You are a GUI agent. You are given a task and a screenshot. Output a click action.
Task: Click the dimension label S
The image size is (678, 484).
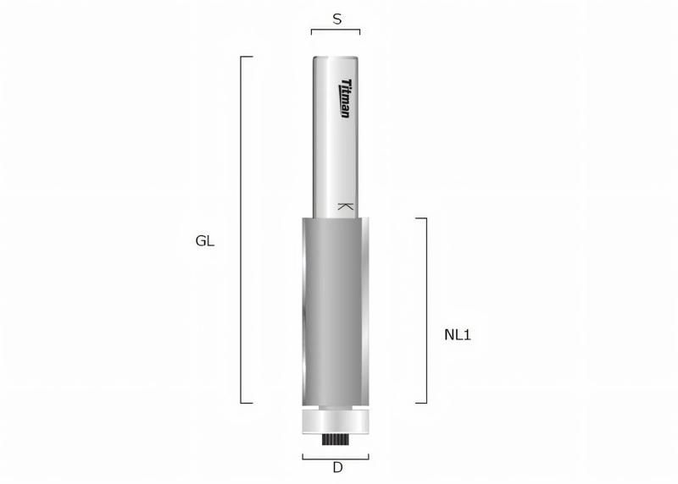(x=336, y=18)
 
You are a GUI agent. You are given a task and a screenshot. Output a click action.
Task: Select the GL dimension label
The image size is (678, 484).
(x=205, y=240)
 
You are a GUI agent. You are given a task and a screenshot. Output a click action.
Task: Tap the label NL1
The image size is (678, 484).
(x=457, y=334)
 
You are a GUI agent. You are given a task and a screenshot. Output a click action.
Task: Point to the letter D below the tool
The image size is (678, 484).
(x=336, y=467)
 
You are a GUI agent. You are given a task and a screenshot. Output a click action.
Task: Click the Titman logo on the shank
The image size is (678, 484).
(x=345, y=98)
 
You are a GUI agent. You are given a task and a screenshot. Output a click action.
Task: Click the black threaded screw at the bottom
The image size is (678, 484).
(x=336, y=440)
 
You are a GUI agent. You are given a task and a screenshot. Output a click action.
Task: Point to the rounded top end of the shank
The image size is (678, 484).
(x=336, y=57)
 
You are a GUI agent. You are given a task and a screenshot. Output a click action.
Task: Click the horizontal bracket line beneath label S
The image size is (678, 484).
(x=336, y=30)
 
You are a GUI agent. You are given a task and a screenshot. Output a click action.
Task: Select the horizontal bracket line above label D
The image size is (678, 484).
(x=336, y=458)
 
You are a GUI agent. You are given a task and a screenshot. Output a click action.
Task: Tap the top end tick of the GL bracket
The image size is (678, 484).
(x=247, y=57)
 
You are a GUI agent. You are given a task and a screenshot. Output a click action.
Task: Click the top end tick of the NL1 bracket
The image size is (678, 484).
(x=420, y=217)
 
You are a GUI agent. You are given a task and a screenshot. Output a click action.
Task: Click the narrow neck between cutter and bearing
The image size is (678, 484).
(x=336, y=409)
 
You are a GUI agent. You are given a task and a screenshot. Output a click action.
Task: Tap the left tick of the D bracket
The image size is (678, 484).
(x=303, y=455)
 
